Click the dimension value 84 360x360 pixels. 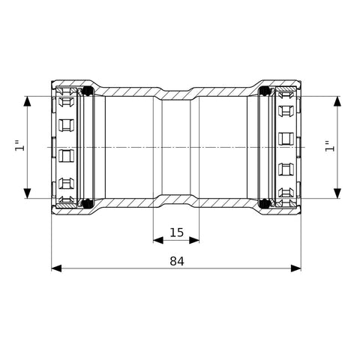pos(177,262)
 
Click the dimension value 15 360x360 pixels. pos(176,232)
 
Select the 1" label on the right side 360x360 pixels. pos(330,146)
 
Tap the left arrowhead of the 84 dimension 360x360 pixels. pos(56,268)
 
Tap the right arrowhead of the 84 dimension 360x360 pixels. pos(296,268)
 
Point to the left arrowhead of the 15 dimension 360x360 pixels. pos(158,241)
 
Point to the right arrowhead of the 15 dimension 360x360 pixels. pos(194,241)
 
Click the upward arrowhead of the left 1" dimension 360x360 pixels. pos(27,101)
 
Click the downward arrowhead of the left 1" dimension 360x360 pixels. pos(27,193)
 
